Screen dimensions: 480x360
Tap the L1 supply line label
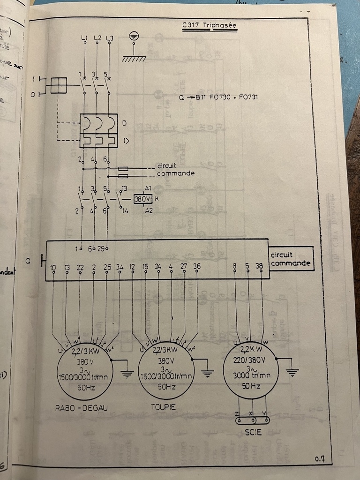[84, 37]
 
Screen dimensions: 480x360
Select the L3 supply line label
[110, 37]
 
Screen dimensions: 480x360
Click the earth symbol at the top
[135, 36]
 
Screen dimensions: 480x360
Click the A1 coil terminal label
[148, 188]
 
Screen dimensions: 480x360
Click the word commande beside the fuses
[175, 173]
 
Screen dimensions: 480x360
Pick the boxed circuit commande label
[291, 259]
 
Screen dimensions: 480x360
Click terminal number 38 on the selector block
[259, 266]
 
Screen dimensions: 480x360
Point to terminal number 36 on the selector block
[196, 266]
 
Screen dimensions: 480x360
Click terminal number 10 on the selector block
[52, 267]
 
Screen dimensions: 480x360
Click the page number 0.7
[320, 458]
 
